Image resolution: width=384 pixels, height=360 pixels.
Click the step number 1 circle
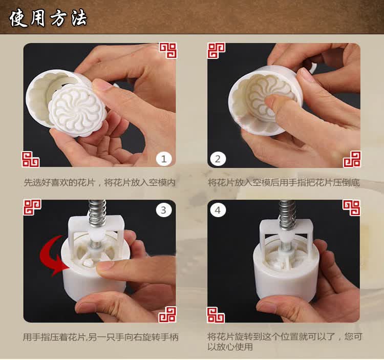coord(164,159)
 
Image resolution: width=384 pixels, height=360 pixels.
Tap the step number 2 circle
coord(218,159)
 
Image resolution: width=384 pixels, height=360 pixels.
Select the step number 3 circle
coord(164,210)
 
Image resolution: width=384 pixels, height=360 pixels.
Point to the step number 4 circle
coord(218,210)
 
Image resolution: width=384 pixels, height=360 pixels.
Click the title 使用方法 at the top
coord(48,18)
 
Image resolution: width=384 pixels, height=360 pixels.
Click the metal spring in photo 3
coord(97,214)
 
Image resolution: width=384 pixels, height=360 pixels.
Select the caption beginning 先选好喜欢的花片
coord(100,182)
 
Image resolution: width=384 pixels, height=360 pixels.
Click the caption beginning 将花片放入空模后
coord(284,182)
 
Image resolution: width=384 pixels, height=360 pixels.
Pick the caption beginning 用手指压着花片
coord(101,337)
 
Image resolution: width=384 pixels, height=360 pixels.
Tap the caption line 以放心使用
coord(230,347)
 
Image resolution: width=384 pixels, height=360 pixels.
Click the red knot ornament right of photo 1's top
coord(168,50)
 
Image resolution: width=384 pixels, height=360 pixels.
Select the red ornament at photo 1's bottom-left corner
coord(31,159)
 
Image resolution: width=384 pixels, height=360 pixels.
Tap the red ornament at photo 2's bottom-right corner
coord(352,159)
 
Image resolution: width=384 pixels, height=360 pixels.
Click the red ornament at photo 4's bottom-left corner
coord(216,315)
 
